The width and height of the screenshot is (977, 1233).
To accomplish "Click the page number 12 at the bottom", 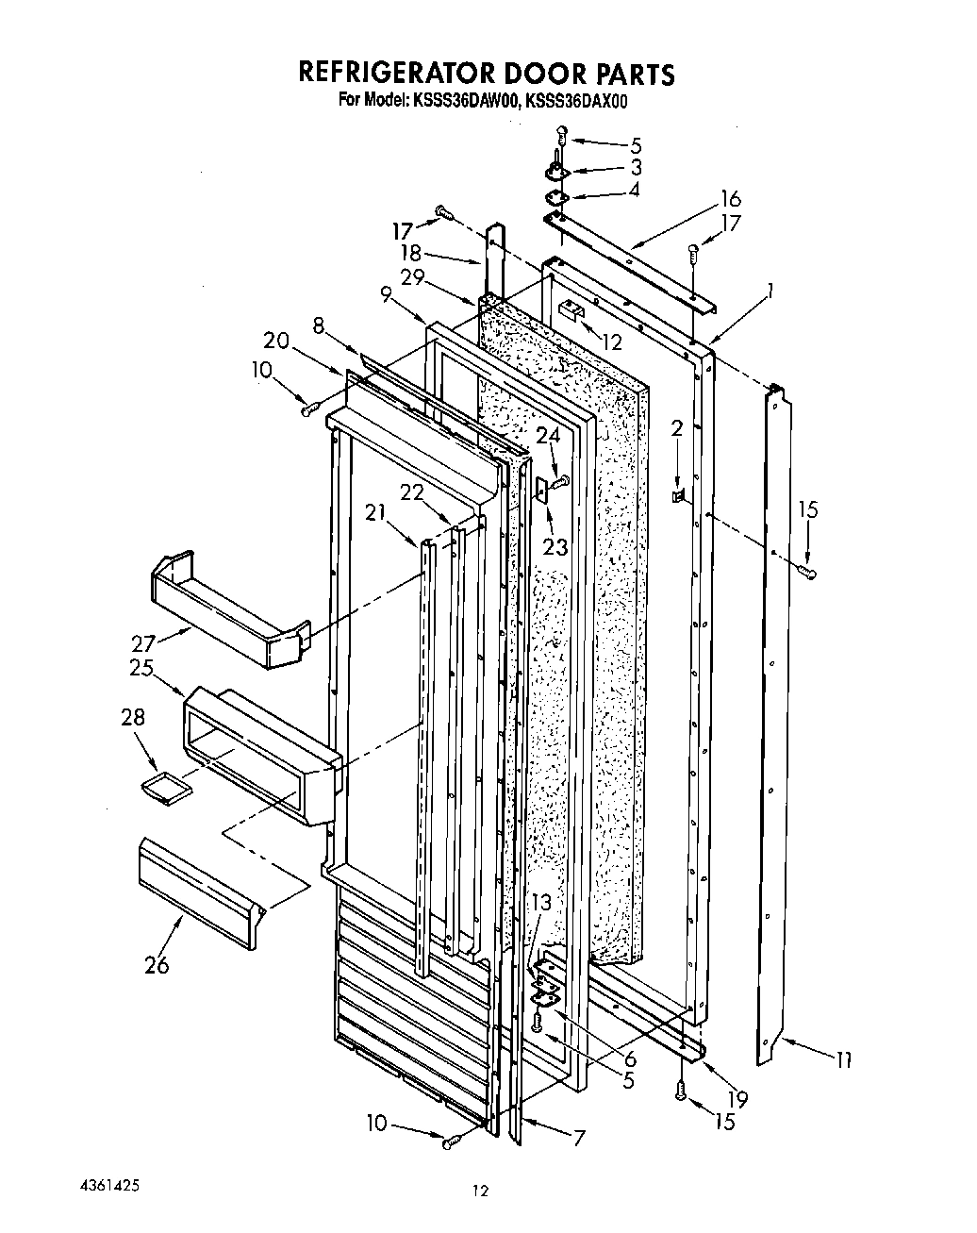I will pos(482,1191).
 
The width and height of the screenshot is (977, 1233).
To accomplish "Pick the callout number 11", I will pos(841,1060).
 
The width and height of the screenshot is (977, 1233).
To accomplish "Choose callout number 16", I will pos(730,199).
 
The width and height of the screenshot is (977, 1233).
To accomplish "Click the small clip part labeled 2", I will pos(679,494).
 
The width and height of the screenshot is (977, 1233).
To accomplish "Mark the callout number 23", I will pos(555,546).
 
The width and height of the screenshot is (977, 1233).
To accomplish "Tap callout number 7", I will pos(578,1138).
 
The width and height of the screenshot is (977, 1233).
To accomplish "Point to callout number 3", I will pos(636,167).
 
